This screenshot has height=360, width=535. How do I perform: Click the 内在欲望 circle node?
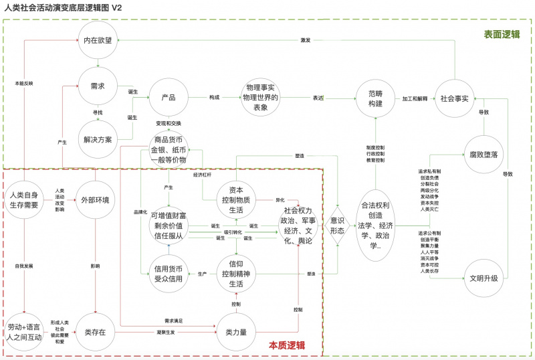tap(99, 41)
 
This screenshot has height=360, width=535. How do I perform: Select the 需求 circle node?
tap(98, 86)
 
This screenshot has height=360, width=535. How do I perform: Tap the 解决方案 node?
tap(99, 138)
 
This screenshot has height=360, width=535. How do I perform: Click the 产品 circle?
tap(169, 98)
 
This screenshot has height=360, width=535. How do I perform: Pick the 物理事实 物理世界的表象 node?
tap(261, 98)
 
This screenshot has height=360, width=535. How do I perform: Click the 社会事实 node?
tap(455, 98)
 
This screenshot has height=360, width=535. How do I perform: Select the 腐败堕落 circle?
tap(483, 155)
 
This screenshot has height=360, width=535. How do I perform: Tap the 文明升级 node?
tap(483, 278)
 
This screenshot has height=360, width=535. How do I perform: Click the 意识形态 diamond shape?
tap(338, 225)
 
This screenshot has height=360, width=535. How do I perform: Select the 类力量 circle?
tap(235, 332)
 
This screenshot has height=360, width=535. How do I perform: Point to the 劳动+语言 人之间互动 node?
tap(24, 332)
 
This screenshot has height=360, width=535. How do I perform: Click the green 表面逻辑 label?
tap(502, 35)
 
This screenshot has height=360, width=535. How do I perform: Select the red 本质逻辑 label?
tap(288, 345)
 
